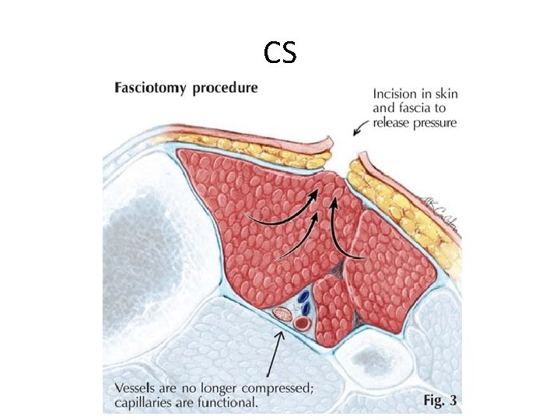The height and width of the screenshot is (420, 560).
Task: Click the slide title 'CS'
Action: click(279, 52)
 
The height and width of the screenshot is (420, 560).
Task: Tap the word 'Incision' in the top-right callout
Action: click(394, 93)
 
